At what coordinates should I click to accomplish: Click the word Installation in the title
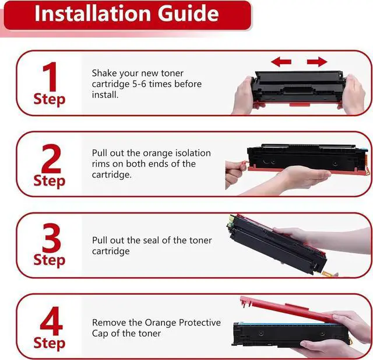(93, 13)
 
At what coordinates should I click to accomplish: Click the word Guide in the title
(188, 13)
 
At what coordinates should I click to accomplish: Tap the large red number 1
(51, 76)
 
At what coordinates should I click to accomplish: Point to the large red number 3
(51, 237)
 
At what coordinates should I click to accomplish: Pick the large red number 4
(51, 320)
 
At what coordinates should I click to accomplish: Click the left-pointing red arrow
(281, 62)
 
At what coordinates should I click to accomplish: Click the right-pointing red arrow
(317, 62)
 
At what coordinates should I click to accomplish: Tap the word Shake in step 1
(104, 73)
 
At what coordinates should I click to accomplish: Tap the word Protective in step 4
(199, 323)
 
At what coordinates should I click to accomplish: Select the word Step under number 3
(49, 260)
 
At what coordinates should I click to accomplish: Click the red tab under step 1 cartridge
(300, 105)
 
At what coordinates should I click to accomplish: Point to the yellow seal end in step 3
(329, 274)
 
